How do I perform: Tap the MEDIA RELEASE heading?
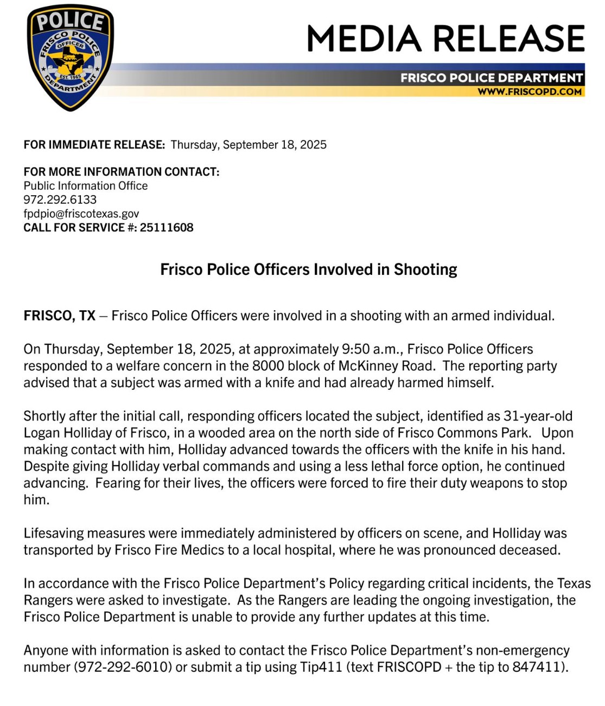pyautogui.click(x=445, y=38)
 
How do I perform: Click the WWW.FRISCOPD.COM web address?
pyautogui.click(x=529, y=92)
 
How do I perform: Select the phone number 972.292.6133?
pyautogui.click(x=60, y=200)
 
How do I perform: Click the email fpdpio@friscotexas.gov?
pyautogui.click(x=81, y=214)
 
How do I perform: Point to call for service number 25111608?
pyautogui.click(x=167, y=228)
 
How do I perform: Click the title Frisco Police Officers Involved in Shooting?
pyautogui.click(x=308, y=269)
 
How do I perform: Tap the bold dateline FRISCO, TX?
pyautogui.click(x=59, y=316)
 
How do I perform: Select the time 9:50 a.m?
pyautogui.click(x=371, y=349)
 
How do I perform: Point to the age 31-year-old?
pyautogui.click(x=538, y=416)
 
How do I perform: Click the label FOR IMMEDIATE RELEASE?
pyautogui.click(x=94, y=145)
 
